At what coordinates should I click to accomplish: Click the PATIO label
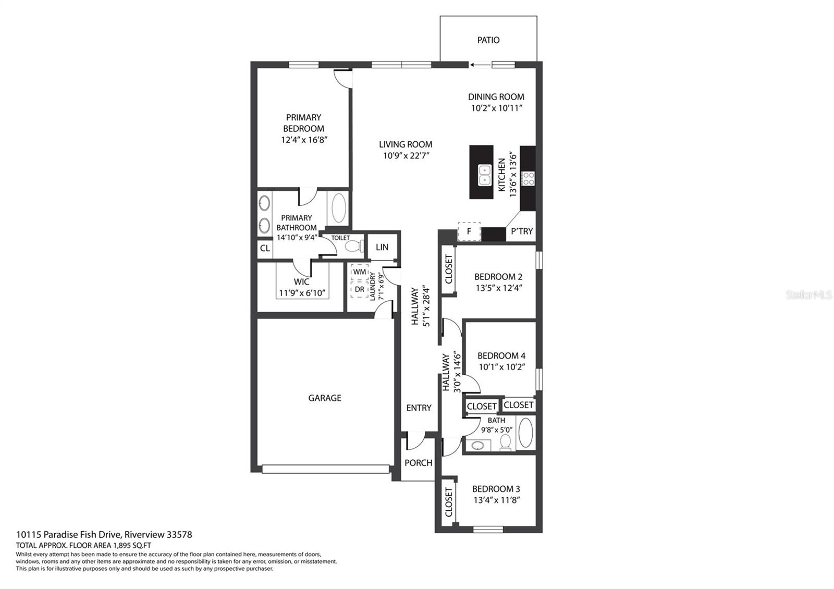pos(488,40)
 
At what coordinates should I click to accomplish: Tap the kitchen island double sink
pos(484,175)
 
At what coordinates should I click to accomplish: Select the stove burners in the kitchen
pos(528,178)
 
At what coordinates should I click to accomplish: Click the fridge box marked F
pos(469,231)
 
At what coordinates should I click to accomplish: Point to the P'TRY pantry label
pos(522,231)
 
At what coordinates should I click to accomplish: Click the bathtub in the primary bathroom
pos(338,208)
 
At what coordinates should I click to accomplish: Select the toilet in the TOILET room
pos(354,246)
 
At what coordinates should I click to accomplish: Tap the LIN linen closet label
pos(382,247)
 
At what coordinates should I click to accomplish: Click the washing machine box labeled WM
pos(360,272)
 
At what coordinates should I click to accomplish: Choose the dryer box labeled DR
pos(360,289)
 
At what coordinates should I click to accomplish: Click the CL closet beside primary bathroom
pos(265,248)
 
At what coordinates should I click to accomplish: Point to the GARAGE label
pos(325,398)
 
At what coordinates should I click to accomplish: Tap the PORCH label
pos(419,463)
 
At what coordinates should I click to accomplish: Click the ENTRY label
pos(419,408)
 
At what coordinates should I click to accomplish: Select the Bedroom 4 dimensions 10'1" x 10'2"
pos(501,367)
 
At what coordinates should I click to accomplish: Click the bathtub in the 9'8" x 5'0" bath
pos(525,432)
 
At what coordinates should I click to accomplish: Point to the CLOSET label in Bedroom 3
pos(449,502)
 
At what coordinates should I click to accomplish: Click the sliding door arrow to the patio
pos(481,65)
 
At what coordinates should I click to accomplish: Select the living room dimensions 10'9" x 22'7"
pos(406,156)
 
